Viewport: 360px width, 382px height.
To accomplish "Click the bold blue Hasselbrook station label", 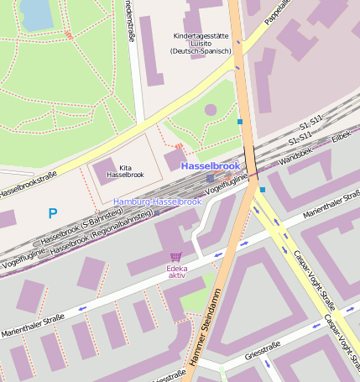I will point(210,166).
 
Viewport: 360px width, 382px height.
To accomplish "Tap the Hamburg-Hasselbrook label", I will point(157,201).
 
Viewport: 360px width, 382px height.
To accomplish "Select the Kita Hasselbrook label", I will point(126,170).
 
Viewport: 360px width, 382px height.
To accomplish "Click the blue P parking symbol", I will point(53,214).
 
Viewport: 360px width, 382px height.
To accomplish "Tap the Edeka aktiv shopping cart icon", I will point(175,257).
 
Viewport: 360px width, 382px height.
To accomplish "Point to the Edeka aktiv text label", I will point(176,271).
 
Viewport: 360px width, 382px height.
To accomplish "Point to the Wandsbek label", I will point(299,156).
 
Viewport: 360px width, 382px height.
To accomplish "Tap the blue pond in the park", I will point(35,13).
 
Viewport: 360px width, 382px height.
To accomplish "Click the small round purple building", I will point(211,109).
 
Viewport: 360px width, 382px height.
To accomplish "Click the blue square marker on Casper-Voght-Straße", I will point(263,190).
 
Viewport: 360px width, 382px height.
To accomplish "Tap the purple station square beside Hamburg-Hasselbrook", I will point(210,178).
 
